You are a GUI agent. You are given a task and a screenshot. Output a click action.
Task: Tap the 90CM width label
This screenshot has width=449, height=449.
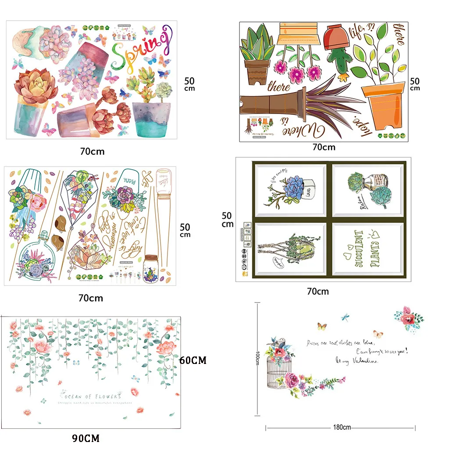coord(86,438)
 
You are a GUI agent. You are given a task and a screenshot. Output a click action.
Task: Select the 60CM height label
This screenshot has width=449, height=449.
coord(193,360)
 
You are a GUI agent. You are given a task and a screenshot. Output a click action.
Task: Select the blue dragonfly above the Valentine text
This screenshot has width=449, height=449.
coord(346,315)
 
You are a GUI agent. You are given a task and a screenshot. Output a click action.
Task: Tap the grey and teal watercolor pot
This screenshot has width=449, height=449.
coord(151,119)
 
